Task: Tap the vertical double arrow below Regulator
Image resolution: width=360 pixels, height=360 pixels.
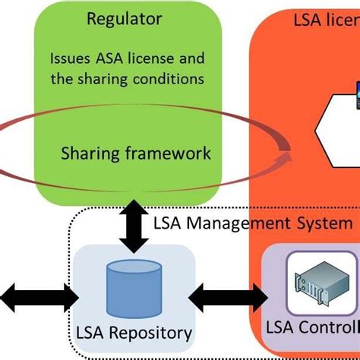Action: pyautogui.click(x=134, y=226)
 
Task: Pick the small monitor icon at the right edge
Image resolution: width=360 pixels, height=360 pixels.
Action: pyautogui.click(x=354, y=92)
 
